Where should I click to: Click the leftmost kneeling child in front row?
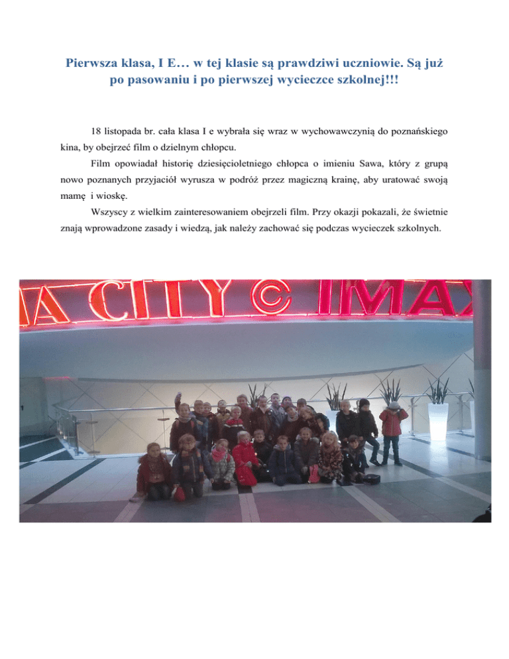coord(154,470)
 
